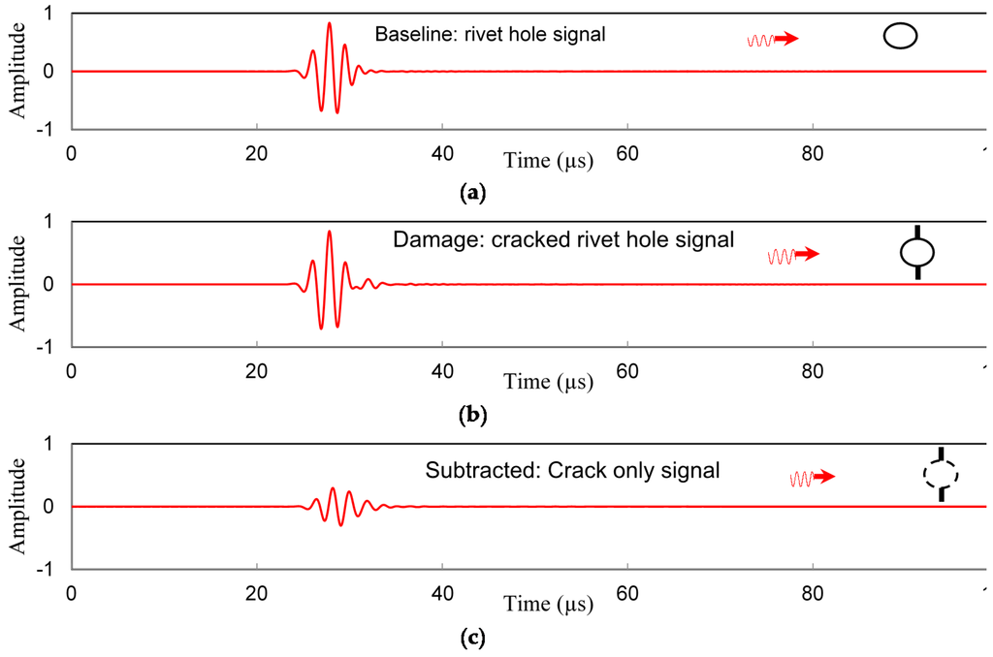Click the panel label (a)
[472, 193]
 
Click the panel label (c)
[472, 638]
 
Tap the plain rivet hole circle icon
[900, 37]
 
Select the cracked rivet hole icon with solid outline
[917, 253]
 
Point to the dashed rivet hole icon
[940, 474]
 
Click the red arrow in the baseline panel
[785, 39]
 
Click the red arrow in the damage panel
[807, 255]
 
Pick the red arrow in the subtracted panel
[822, 477]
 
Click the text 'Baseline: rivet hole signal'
[490, 36]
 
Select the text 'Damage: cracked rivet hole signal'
[563, 238]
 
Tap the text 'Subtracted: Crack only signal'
[572, 472]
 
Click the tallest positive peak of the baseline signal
[330, 23]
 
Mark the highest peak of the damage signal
[330, 232]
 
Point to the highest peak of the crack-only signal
[333, 488]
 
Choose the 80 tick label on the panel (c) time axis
[813, 594]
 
